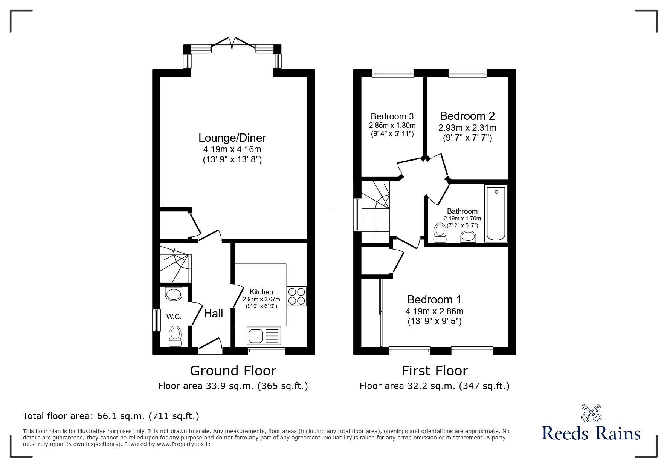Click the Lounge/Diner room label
[232, 138]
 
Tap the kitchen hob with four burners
[296, 296]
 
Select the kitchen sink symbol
[264, 335]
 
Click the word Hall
[214, 314]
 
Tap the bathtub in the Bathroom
[496, 213]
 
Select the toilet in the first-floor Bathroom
[440, 233]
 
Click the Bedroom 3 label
[392, 116]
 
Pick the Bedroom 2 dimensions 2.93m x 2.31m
[467, 128]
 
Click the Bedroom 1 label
[434, 300]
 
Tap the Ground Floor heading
[233, 371]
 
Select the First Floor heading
[435, 371]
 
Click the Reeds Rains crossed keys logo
[591, 413]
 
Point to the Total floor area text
[111, 416]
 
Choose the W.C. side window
[154, 320]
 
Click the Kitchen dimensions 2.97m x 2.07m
[261, 299]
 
